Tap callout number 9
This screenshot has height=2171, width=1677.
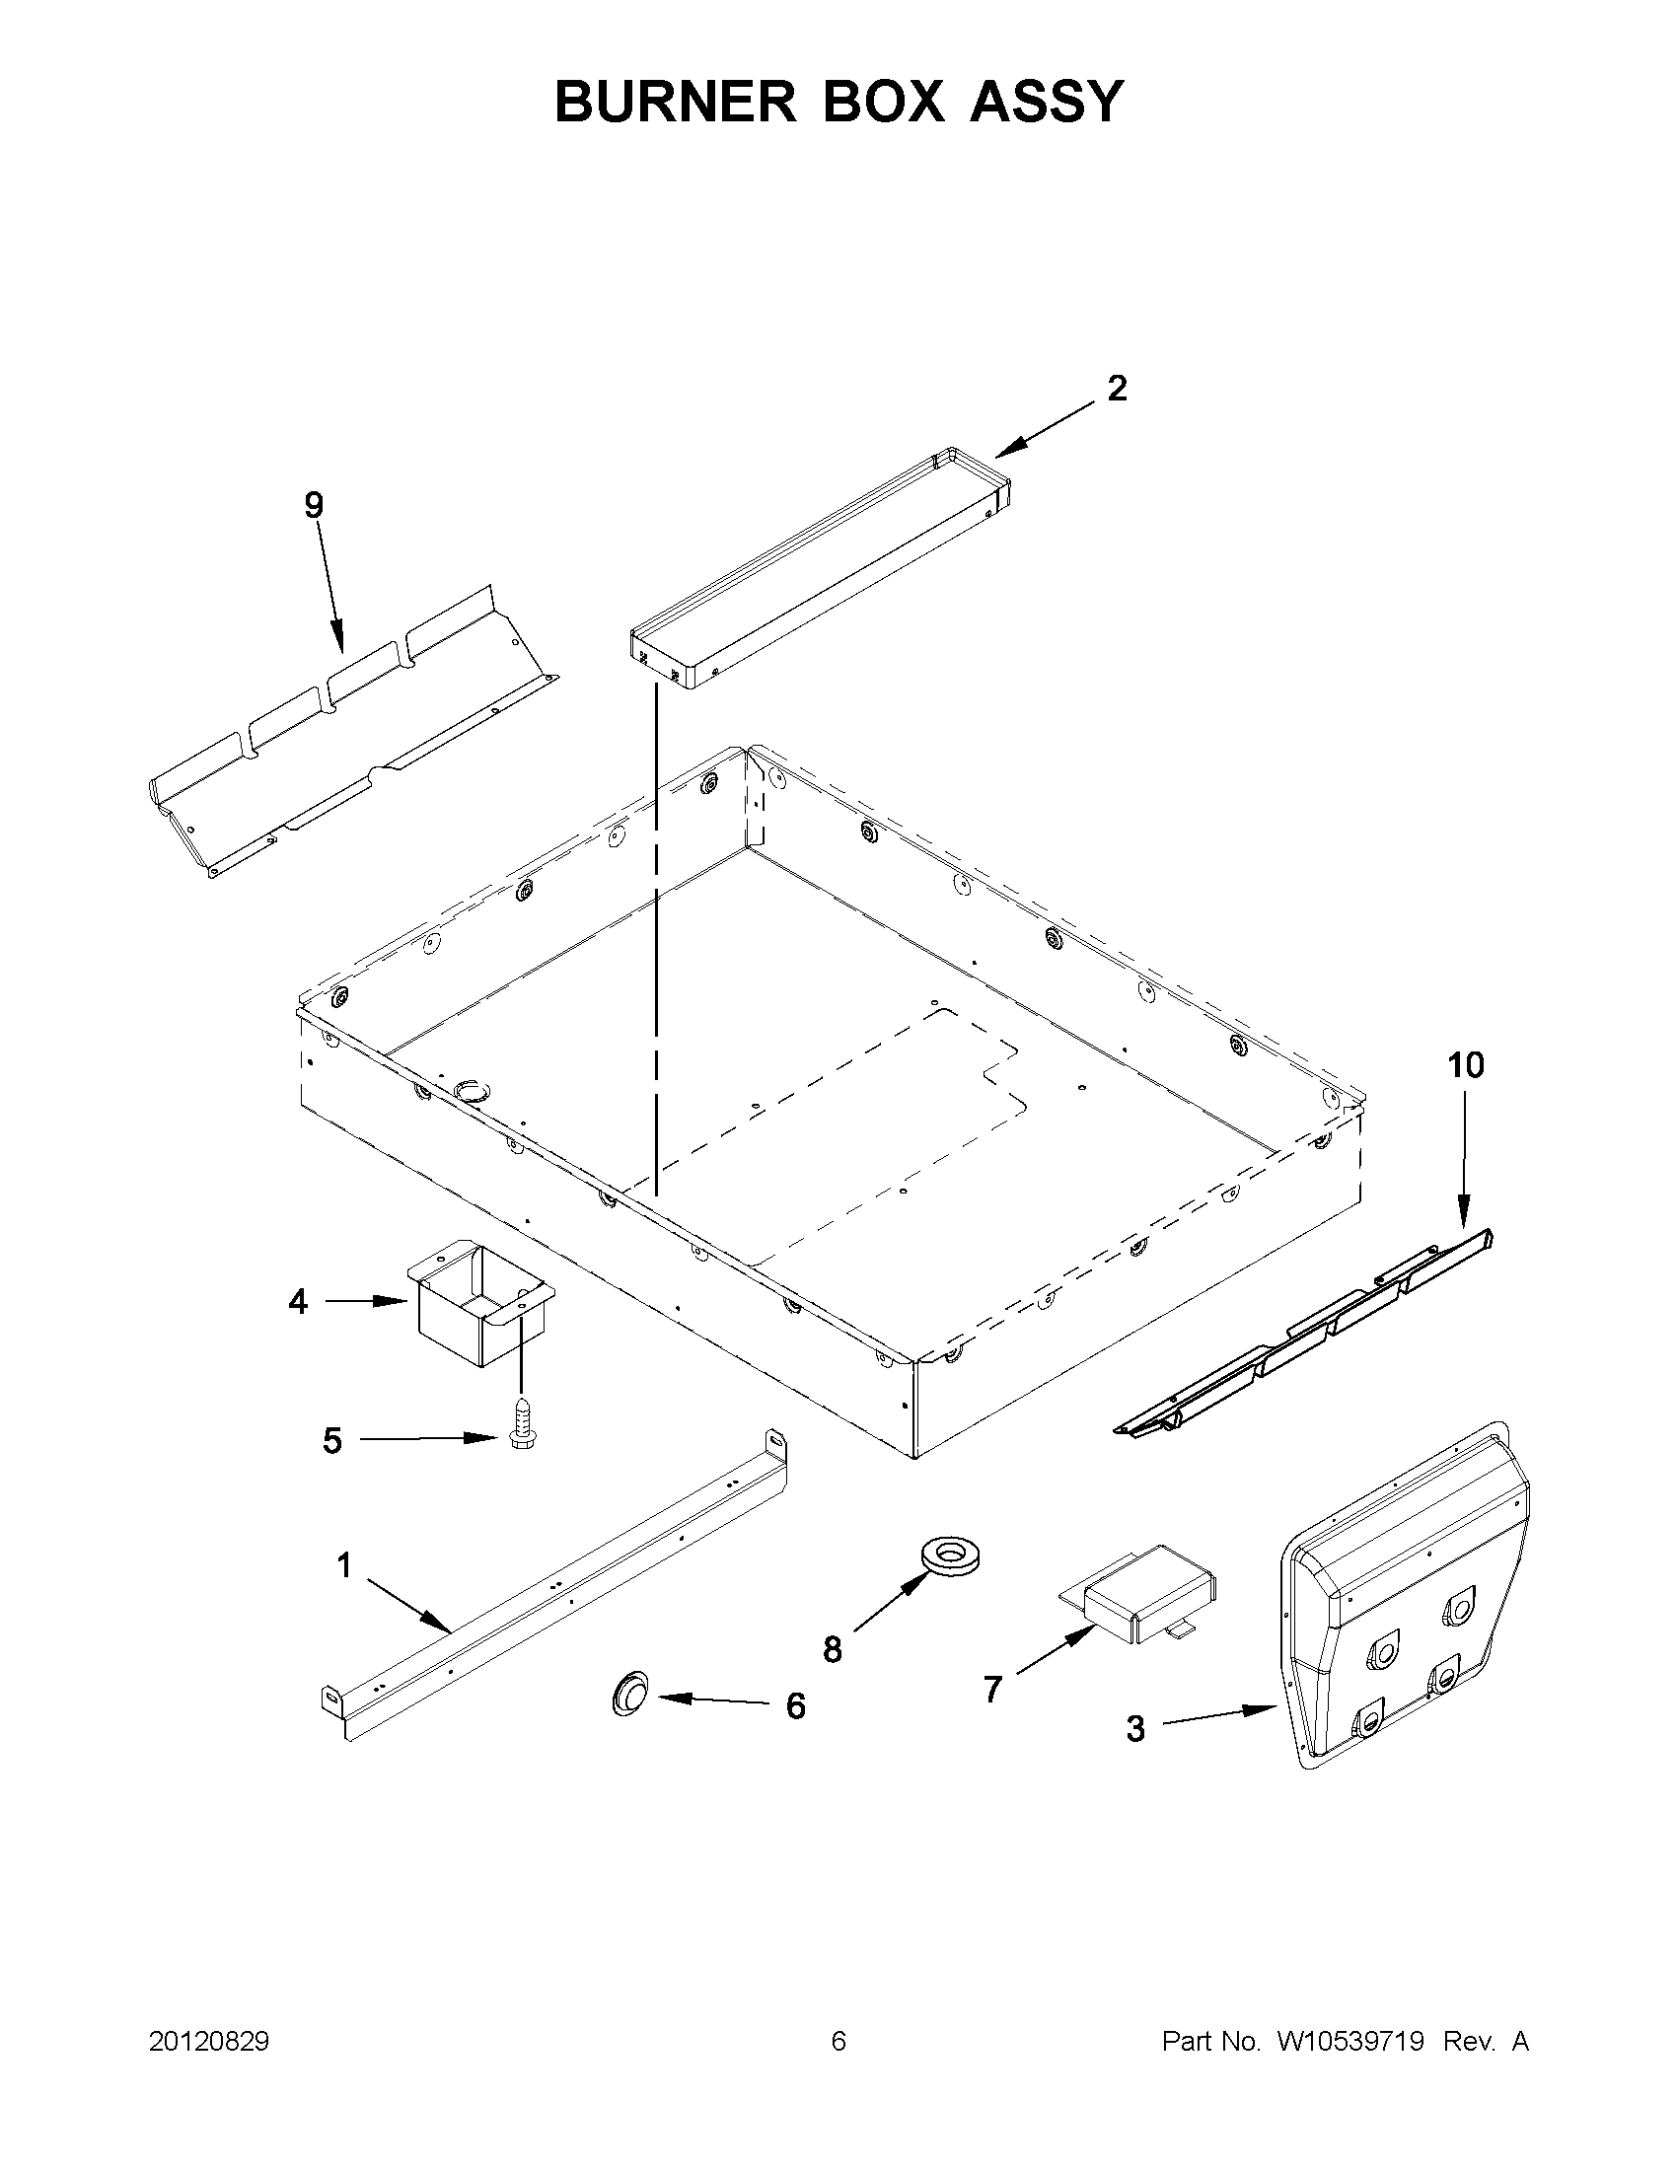click(x=313, y=506)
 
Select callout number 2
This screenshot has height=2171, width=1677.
click(x=1118, y=389)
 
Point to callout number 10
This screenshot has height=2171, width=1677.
click(x=1466, y=1065)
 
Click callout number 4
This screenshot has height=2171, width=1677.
click(x=298, y=1301)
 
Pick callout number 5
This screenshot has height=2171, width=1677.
click(x=332, y=1440)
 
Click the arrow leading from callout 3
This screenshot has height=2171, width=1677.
click(x=1219, y=1716)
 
